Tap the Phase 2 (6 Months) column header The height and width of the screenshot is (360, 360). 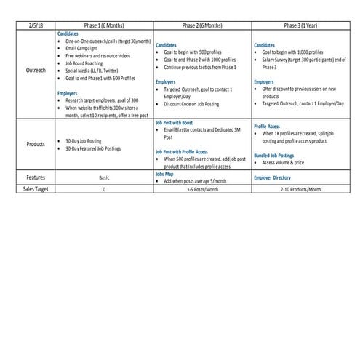[x=203, y=25]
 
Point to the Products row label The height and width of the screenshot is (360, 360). [x=35, y=144]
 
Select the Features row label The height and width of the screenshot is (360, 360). [x=35, y=177]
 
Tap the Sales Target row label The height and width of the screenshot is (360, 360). [x=35, y=188]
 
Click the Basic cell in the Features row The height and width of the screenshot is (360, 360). [x=105, y=177]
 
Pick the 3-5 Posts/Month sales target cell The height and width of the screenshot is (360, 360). [x=203, y=188]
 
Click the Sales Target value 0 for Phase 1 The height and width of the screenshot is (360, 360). [x=105, y=188]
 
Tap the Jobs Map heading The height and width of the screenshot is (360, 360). [x=165, y=174]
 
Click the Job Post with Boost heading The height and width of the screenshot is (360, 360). [x=175, y=124]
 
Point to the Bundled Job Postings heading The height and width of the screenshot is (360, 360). [x=275, y=155]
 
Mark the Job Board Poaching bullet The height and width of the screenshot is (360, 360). [x=84, y=63]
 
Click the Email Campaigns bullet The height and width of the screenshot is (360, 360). [x=82, y=48]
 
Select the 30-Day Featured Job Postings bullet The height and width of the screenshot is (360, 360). [x=92, y=148]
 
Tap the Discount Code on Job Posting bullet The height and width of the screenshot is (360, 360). [x=191, y=103]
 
